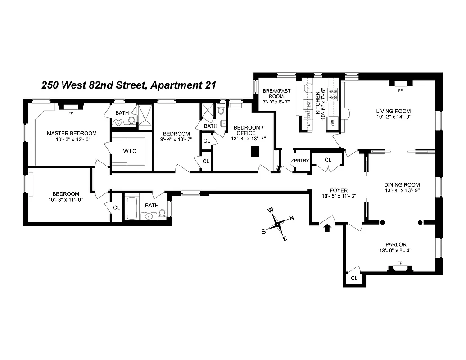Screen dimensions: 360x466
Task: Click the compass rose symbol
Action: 278,224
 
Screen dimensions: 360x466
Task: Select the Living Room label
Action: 394,111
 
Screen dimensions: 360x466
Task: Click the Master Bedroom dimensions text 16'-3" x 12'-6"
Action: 72,140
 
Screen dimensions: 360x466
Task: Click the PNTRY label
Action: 300,161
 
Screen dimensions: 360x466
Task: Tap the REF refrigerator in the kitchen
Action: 333,121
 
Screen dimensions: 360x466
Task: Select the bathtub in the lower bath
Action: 131,208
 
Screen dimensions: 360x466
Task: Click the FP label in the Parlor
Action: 399,263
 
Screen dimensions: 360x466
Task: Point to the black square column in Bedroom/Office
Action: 255,152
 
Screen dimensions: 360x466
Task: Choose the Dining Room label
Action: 402,184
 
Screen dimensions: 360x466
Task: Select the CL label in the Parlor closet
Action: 354,278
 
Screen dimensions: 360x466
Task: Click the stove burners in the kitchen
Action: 334,93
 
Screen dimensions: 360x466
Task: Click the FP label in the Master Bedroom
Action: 71,113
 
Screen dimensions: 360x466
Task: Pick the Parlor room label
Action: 396,244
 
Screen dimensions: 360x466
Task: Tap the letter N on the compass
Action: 292,218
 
